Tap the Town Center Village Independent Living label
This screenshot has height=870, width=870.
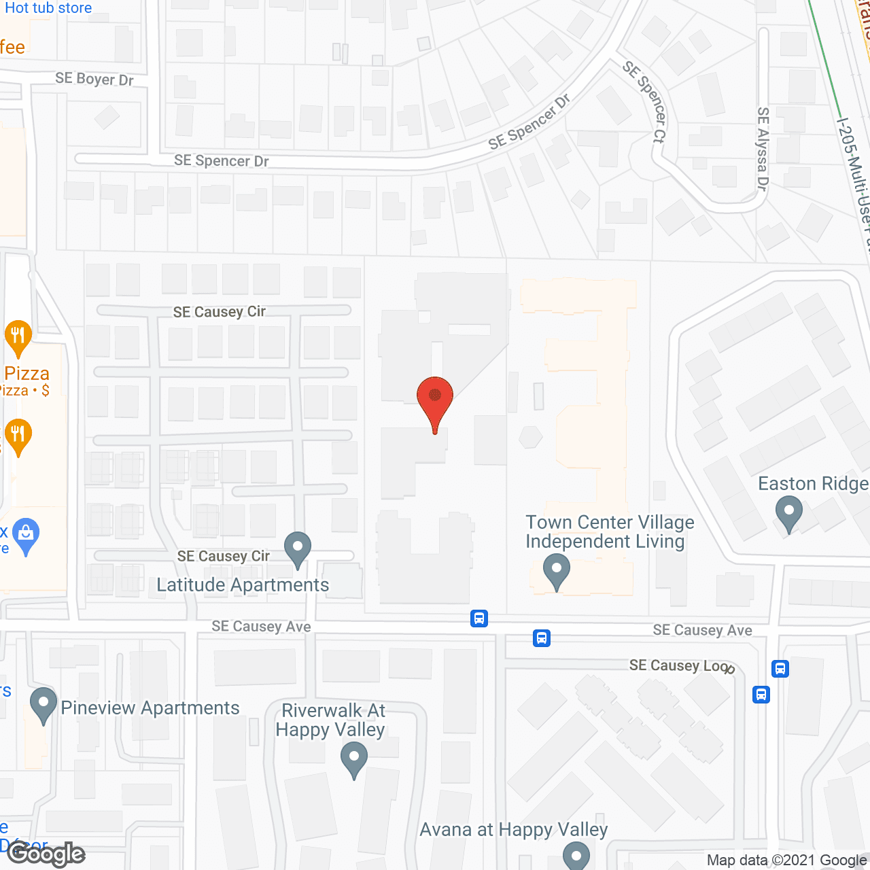[609, 532]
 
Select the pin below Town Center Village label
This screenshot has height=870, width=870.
[557, 572]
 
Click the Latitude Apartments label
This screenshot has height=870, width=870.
[243, 585]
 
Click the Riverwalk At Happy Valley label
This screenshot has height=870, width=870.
[332, 720]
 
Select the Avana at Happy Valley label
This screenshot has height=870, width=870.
[514, 830]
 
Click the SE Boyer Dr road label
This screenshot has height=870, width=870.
[94, 79]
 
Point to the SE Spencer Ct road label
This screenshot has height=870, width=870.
[645, 101]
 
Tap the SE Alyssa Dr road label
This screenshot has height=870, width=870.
[763, 149]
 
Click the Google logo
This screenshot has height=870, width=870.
[46, 854]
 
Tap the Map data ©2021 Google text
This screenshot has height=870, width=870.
[787, 860]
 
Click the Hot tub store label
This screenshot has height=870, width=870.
[48, 8]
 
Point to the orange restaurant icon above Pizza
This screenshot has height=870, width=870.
[18, 336]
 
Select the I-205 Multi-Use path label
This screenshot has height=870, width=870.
[855, 184]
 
